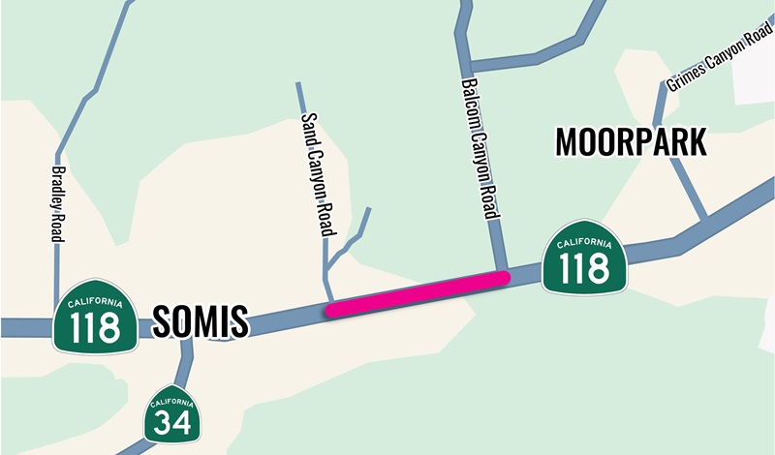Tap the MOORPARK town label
tap(631, 143)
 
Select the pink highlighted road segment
tap(417, 294)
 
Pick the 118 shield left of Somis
tap(95, 318)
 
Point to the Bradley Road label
tap(55, 202)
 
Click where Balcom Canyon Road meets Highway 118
tap(502, 276)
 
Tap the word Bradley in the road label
tap(55, 182)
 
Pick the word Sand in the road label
tap(309, 125)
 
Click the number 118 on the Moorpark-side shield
tap(584, 268)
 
